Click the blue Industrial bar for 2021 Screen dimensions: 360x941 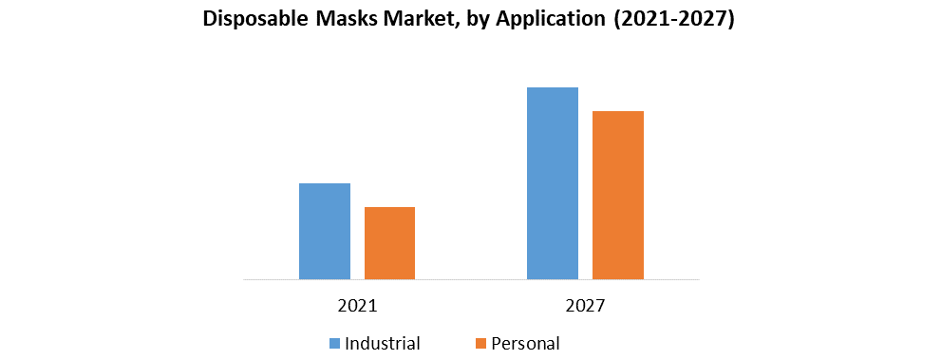(325, 232)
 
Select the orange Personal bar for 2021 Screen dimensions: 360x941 (389, 243)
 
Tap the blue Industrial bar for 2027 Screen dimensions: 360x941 (553, 183)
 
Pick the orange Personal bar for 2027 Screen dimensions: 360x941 (618, 196)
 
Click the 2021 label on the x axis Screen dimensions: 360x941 (357, 307)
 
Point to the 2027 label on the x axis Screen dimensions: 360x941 (586, 307)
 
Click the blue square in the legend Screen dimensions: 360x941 (335, 343)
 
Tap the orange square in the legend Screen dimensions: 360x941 (480, 343)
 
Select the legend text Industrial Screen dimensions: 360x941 (384, 343)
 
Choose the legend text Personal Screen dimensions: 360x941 (526, 343)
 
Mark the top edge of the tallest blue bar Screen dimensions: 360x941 (553, 88)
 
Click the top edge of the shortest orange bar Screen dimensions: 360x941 (389, 208)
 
